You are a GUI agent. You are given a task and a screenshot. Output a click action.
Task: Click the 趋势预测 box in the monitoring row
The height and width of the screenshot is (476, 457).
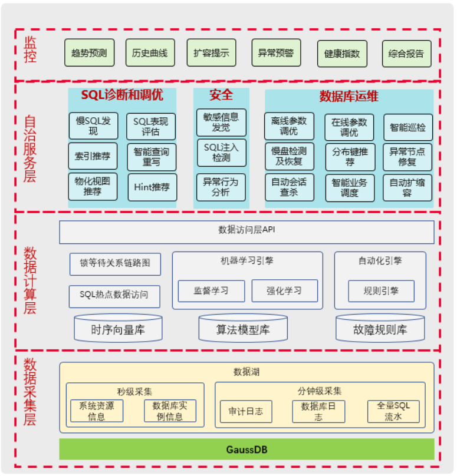(x=89, y=53)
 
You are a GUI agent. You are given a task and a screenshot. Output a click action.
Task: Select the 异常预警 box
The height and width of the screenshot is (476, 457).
(x=276, y=53)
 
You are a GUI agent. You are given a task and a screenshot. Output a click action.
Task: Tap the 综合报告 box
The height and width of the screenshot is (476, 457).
(x=406, y=54)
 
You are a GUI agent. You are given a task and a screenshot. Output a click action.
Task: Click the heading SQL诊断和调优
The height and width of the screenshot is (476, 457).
(x=122, y=95)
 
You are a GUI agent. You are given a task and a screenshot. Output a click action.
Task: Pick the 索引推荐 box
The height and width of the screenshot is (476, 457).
(x=93, y=156)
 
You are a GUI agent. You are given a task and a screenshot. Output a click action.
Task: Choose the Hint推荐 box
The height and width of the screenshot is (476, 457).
(x=152, y=187)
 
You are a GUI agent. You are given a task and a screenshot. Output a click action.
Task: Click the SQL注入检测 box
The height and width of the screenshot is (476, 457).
(x=221, y=152)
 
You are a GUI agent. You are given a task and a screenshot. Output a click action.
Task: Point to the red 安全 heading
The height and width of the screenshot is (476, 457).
(x=221, y=95)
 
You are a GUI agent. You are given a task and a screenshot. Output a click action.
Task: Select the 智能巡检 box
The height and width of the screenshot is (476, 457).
(x=407, y=127)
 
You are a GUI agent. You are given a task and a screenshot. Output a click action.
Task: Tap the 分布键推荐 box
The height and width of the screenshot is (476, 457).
(x=350, y=156)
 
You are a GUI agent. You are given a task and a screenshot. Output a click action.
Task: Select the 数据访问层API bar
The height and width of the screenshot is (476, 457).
(x=246, y=232)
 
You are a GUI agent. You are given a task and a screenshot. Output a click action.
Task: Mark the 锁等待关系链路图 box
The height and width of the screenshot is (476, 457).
(x=115, y=264)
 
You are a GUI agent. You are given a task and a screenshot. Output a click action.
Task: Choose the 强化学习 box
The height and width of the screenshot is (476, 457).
(x=284, y=290)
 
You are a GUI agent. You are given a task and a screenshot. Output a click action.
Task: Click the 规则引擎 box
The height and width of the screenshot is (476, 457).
(x=381, y=290)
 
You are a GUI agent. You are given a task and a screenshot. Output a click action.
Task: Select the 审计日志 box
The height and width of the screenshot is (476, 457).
(x=246, y=411)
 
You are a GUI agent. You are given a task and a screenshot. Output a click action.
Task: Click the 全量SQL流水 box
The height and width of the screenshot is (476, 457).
(x=393, y=411)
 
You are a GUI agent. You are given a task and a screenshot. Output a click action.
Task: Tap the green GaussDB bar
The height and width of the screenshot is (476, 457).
(x=246, y=449)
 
